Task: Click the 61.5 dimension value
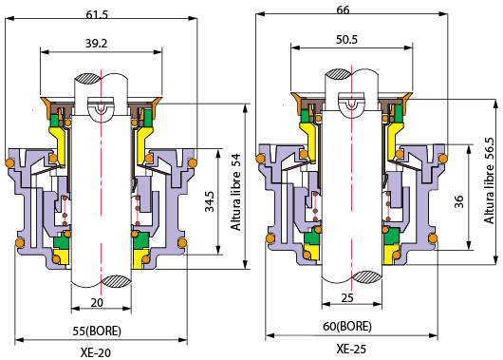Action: tap(97, 14)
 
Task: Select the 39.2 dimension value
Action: tap(96, 43)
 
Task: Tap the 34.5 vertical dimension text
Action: tap(210, 201)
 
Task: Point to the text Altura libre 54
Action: tap(235, 192)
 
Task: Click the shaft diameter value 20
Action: tap(97, 302)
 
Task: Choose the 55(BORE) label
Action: tap(97, 331)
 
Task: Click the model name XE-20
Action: tap(96, 353)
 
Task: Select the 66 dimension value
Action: tap(343, 10)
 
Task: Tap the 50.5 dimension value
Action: tap(346, 40)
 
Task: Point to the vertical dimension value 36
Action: tap(459, 201)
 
